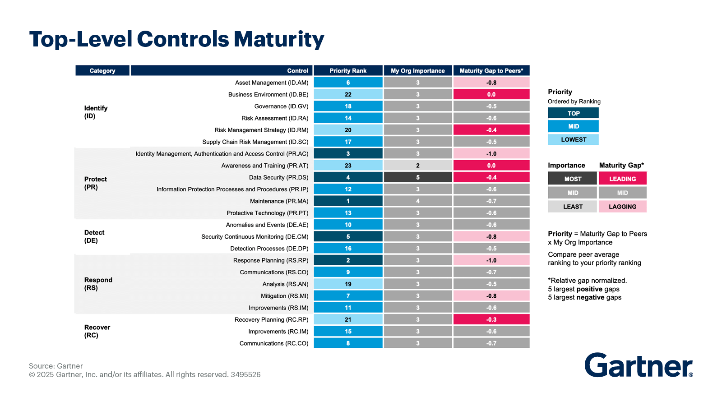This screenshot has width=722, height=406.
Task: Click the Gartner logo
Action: pyautogui.click(x=638, y=365)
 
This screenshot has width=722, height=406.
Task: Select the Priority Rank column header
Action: pyautogui.click(x=348, y=71)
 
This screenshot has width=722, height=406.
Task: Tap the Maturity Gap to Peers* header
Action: pyautogui.click(x=491, y=71)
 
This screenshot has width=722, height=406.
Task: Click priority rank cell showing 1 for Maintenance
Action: pyautogui.click(x=348, y=201)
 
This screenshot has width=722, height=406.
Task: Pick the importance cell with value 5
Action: pyautogui.click(x=417, y=177)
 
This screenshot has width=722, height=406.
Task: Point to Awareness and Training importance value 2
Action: pyautogui.click(x=417, y=166)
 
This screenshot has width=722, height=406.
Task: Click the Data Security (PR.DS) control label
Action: pyautogui.click(x=278, y=177)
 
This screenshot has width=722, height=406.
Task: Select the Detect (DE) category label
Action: pyautogui.click(x=94, y=236)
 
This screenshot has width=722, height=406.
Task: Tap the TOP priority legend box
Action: pyautogui.click(x=573, y=113)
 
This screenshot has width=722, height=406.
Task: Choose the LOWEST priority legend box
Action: pyautogui.click(x=573, y=139)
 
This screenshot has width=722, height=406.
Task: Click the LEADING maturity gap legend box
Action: pyautogui.click(x=622, y=179)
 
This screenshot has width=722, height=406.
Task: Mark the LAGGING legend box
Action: pyautogui.click(x=622, y=207)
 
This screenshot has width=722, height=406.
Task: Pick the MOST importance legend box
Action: pyautogui.click(x=573, y=179)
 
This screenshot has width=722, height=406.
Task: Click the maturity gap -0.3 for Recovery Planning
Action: pyautogui.click(x=491, y=319)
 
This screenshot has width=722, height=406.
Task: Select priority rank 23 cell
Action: pyautogui.click(x=348, y=166)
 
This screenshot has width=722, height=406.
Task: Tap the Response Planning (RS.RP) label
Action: pyautogui.click(x=270, y=260)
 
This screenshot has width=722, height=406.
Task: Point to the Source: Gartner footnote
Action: pyautogui.click(x=56, y=366)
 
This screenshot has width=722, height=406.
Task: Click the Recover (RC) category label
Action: pyautogui.click(x=97, y=331)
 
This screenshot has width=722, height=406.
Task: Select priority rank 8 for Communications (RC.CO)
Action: pyautogui.click(x=348, y=343)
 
